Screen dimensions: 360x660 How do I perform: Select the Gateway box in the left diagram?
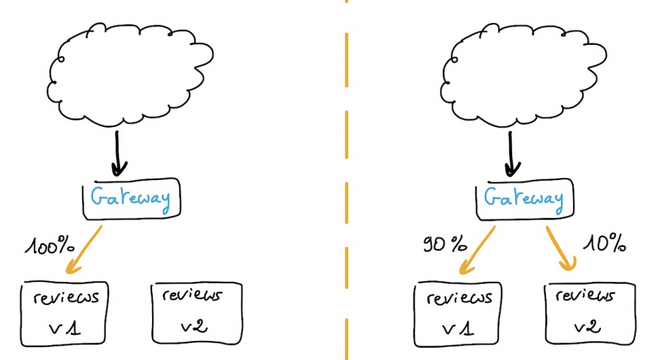[x=129, y=199]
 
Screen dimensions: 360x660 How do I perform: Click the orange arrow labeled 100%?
[x=86, y=251]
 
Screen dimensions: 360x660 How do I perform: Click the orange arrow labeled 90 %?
[x=479, y=250]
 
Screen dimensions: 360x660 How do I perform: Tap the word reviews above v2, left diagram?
[x=192, y=296]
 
